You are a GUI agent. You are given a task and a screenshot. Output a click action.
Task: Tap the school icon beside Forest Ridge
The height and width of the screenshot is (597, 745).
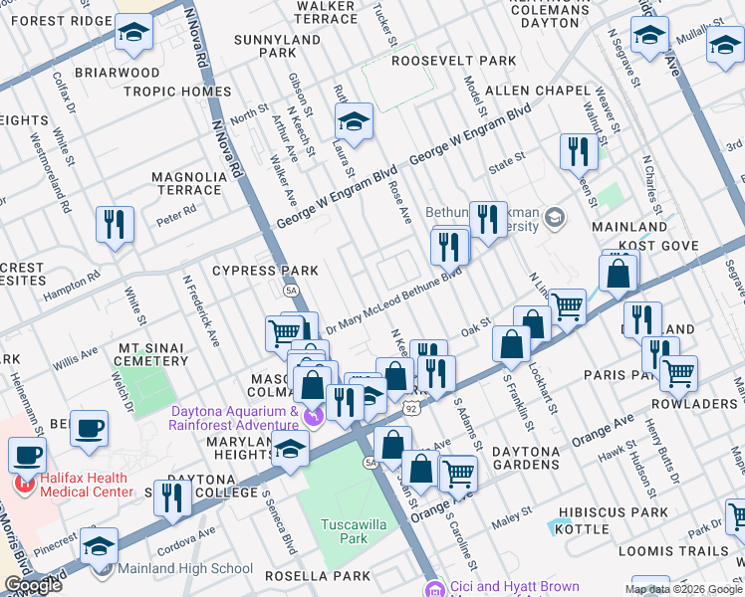(132, 34)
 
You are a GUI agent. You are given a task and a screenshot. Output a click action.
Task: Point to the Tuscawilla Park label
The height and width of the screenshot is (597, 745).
(346, 530)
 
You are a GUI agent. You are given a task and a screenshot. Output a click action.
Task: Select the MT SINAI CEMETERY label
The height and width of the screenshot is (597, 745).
(152, 354)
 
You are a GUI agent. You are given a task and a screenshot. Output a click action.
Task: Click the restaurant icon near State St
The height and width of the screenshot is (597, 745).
(578, 153)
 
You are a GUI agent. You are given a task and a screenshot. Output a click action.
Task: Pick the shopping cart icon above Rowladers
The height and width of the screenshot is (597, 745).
(678, 374)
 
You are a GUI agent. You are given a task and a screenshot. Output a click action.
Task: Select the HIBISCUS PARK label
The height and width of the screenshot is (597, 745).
(613, 512)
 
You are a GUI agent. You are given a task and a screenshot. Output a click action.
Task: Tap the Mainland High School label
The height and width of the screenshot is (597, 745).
(185, 569)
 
